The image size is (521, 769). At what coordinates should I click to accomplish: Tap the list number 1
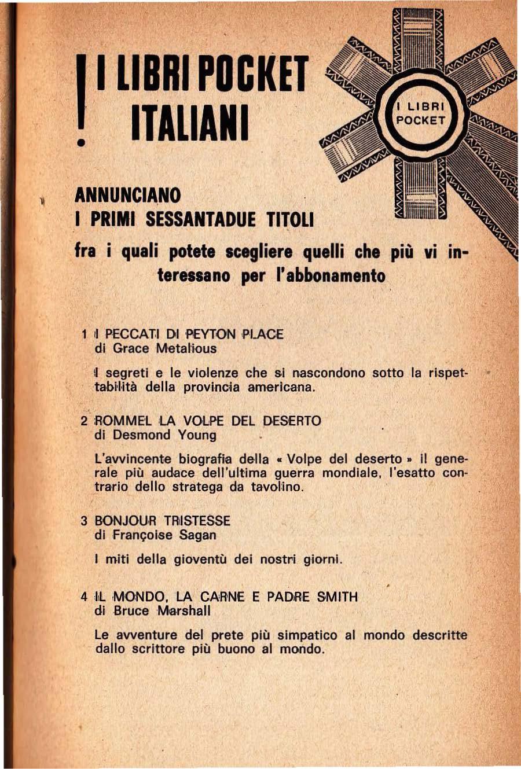point(85,334)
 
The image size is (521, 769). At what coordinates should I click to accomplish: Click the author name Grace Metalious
point(164,348)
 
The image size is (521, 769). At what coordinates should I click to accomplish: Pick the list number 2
point(85,421)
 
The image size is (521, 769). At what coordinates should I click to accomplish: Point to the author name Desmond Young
point(164,435)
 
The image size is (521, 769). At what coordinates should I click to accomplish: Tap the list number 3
point(85,521)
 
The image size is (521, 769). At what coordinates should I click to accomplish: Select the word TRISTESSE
point(197,521)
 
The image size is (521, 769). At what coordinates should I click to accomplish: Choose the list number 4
point(85,597)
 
